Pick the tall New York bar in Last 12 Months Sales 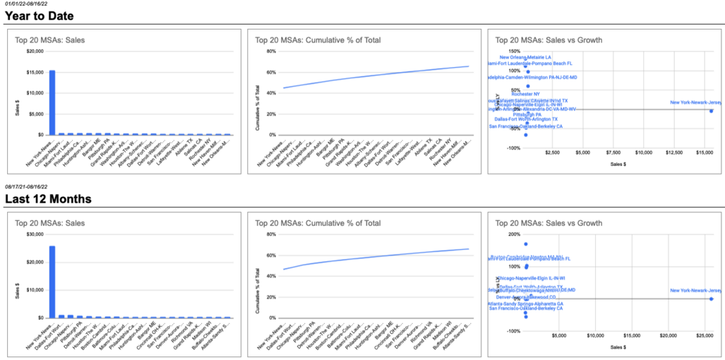point(52,281)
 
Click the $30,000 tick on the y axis point(33,234)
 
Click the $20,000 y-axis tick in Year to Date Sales point(33,51)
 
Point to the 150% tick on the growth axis point(514,51)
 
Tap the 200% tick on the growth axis point(514,234)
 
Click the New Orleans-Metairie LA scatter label point(525,57)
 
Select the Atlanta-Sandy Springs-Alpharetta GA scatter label point(525,304)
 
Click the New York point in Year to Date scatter point(711,110)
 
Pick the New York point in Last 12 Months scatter point(711,299)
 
